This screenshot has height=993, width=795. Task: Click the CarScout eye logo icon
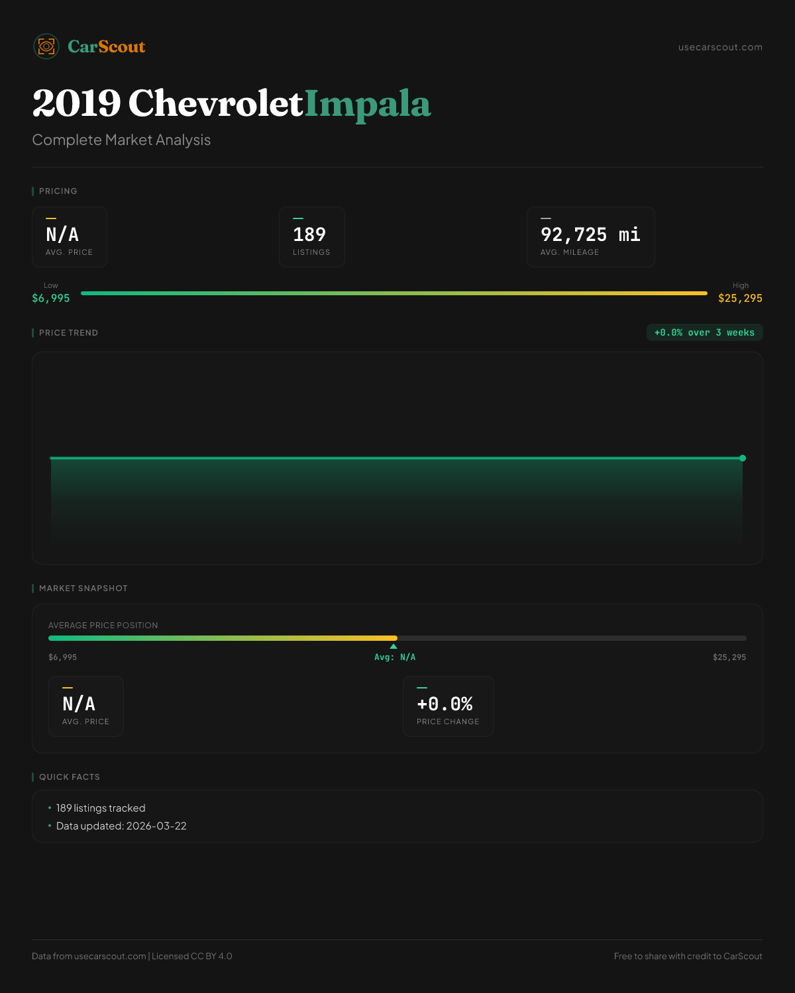46,46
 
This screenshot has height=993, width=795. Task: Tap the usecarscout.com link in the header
720,47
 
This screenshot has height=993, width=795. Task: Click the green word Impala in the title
368,104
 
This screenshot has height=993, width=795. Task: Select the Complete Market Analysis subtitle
121,140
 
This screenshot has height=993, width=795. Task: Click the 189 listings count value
309,234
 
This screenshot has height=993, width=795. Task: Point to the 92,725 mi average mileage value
590,234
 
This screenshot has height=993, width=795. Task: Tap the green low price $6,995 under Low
51,299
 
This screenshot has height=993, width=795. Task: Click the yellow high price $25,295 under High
740,299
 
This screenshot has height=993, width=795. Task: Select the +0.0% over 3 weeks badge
704,333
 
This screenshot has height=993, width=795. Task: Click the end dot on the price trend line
743,458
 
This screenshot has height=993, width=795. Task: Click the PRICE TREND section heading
68,333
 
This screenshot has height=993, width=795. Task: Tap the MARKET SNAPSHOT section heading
83,589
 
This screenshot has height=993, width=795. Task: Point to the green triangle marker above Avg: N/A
394,646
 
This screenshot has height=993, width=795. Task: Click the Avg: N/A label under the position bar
395,657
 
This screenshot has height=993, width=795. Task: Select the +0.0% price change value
445,704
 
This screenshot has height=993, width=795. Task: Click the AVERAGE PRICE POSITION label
103,626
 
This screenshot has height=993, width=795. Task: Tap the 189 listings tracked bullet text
101,808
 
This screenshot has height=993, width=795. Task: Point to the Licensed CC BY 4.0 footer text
192,957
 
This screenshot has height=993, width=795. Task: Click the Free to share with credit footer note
688,957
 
